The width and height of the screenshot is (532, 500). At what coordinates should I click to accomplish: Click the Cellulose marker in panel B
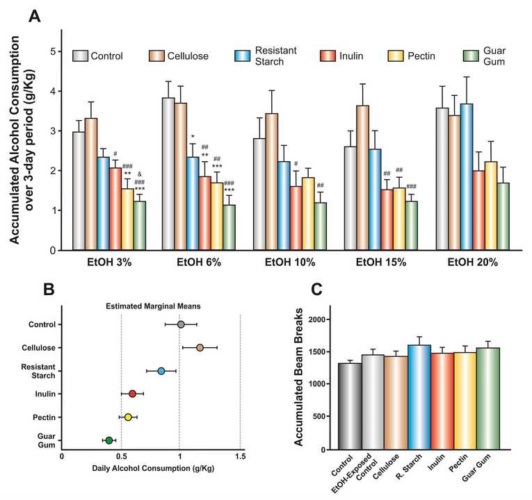(x=200, y=347)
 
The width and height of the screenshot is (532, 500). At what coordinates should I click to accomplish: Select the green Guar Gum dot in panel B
(x=109, y=440)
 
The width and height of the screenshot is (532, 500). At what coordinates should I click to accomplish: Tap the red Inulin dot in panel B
(x=133, y=394)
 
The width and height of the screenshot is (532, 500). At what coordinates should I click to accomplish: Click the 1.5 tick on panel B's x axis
(x=240, y=456)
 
